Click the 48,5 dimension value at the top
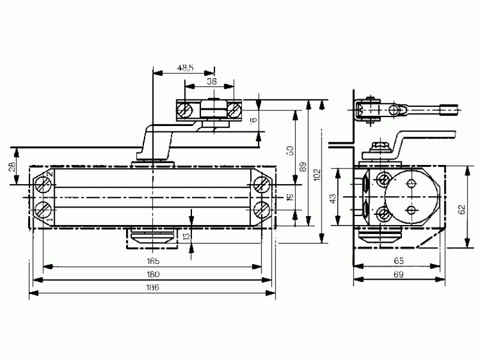click(x=185, y=68)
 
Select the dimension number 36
click(x=212, y=81)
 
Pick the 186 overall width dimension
click(x=152, y=287)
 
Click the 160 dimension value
click(x=152, y=274)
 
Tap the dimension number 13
click(x=186, y=235)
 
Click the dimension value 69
click(x=398, y=274)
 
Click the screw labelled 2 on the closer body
click(x=44, y=185)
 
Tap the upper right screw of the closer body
click(x=261, y=184)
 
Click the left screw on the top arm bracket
click(x=186, y=110)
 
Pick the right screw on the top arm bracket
click(x=235, y=110)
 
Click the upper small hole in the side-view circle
click(x=412, y=184)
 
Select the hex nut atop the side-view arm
click(x=379, y=147)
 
